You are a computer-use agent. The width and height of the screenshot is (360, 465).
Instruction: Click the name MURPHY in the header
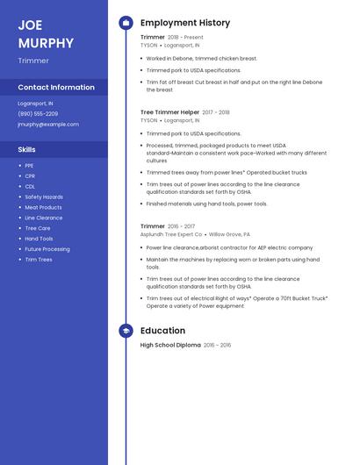coord(46,43)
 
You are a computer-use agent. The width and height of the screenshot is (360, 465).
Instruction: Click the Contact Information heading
coord(56,88)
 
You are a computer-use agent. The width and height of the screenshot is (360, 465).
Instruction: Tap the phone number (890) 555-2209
coord(38,114)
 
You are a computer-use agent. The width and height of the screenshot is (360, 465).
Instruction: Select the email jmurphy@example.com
coord(48,125)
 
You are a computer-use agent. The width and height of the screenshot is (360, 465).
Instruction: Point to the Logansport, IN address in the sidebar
coord(35,104)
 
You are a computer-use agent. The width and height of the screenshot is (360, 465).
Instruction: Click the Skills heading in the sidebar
coord(26,150)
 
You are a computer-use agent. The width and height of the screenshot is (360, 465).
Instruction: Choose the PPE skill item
coord(29,166)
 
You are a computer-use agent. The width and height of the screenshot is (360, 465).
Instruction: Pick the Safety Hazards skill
coord(44,197)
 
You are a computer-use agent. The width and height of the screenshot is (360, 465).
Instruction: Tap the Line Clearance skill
coord(44,218)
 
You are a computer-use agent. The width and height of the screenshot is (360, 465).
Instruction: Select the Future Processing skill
coord(47,249)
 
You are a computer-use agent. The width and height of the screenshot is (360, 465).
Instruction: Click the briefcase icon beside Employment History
coord(126,23)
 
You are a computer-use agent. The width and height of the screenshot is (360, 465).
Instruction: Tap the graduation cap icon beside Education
coord(126,331)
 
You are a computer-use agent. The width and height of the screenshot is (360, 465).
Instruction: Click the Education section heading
coord(162,331)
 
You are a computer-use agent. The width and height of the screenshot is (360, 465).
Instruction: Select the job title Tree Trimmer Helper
coord(169,112)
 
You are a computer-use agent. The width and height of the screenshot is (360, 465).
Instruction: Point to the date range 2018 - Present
coord(185,38)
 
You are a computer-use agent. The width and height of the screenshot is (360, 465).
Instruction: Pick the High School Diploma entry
coord(170,346)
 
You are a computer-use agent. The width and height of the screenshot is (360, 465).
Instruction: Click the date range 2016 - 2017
coord(181,226)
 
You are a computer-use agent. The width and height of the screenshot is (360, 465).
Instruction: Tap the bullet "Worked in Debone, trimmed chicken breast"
coord(201,58)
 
